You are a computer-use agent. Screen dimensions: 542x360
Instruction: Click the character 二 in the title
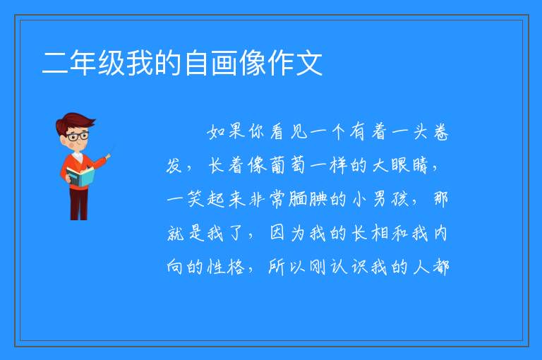(x=54, y=63)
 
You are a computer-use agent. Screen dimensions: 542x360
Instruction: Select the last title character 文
(x=309, y=63)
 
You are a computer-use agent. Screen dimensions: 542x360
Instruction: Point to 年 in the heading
(x=83, y=63)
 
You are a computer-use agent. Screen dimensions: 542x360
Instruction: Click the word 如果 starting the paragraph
(x=227, y=131)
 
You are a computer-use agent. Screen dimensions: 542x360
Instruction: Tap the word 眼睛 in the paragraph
(x=409, y=165)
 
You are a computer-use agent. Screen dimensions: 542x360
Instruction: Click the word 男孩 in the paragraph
(x=390, y=200)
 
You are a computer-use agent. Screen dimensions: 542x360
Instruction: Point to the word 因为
(x=287, y=234)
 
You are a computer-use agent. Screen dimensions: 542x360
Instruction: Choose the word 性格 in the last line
(x=226, y=267)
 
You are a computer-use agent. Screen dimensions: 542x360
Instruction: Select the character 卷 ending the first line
(x=440, y=131)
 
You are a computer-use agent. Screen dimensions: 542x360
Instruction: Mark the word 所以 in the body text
(x=287, y=267)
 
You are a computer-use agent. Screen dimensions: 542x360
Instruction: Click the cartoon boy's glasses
(x=78, y=136)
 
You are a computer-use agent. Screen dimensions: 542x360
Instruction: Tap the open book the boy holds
(x=80, y=177)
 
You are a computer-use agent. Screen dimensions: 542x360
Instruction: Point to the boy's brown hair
(x=74, y=123)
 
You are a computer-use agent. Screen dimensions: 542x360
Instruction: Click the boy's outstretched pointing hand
(x=108, y=157)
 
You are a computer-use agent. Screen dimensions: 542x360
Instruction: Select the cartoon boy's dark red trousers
(x=78, y=204)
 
